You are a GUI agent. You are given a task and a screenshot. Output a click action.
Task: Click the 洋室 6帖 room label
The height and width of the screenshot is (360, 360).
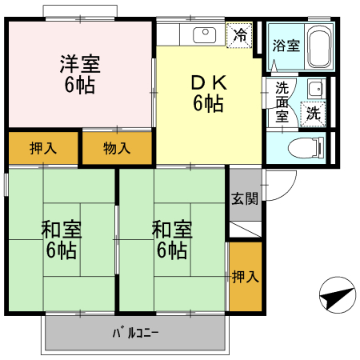pyautogui.click(x=79, y=74)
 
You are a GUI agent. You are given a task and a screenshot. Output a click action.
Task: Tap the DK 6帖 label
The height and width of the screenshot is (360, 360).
pyautogui.click(x=207, y=92)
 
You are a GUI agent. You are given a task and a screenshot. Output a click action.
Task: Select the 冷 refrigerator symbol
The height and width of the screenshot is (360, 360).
pyautogui.click(x=239, y=35)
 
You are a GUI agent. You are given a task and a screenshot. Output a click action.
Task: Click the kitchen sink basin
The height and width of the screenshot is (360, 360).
pyautogui.click(x=206, y=34)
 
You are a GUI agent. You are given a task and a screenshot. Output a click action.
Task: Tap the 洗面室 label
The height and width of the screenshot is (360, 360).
pyautogui.click(x=282, y=101)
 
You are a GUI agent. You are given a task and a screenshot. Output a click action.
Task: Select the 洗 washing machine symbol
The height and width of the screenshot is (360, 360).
pyautogui.click(x=314, y=114)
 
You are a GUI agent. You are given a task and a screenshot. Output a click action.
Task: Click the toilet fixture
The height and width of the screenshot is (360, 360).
pyautogui.click(x=307, y=147)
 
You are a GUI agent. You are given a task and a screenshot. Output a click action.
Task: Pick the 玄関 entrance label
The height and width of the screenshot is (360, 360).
pyautogui.click(x=245, y=198)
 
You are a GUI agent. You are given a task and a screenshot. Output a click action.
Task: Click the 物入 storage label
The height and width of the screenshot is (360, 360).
pyautogui.click(x=118, y=148)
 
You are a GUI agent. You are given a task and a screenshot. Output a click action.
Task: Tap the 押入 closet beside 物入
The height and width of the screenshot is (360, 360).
pyautogui.click(x=43, y=148)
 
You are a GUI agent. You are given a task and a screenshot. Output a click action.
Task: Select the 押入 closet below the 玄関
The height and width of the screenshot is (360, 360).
pyautogui.click(x=245, y=277)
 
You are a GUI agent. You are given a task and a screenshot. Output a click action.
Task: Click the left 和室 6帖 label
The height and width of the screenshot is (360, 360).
pyautogui.click(x=62, y=239)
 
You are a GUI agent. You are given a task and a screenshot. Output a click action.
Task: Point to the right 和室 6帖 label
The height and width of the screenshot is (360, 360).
pyautogui.click(x=173, y=239)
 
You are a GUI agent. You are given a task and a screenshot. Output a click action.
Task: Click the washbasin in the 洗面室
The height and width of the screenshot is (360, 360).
pyautogui.click(x=315, y=89)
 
